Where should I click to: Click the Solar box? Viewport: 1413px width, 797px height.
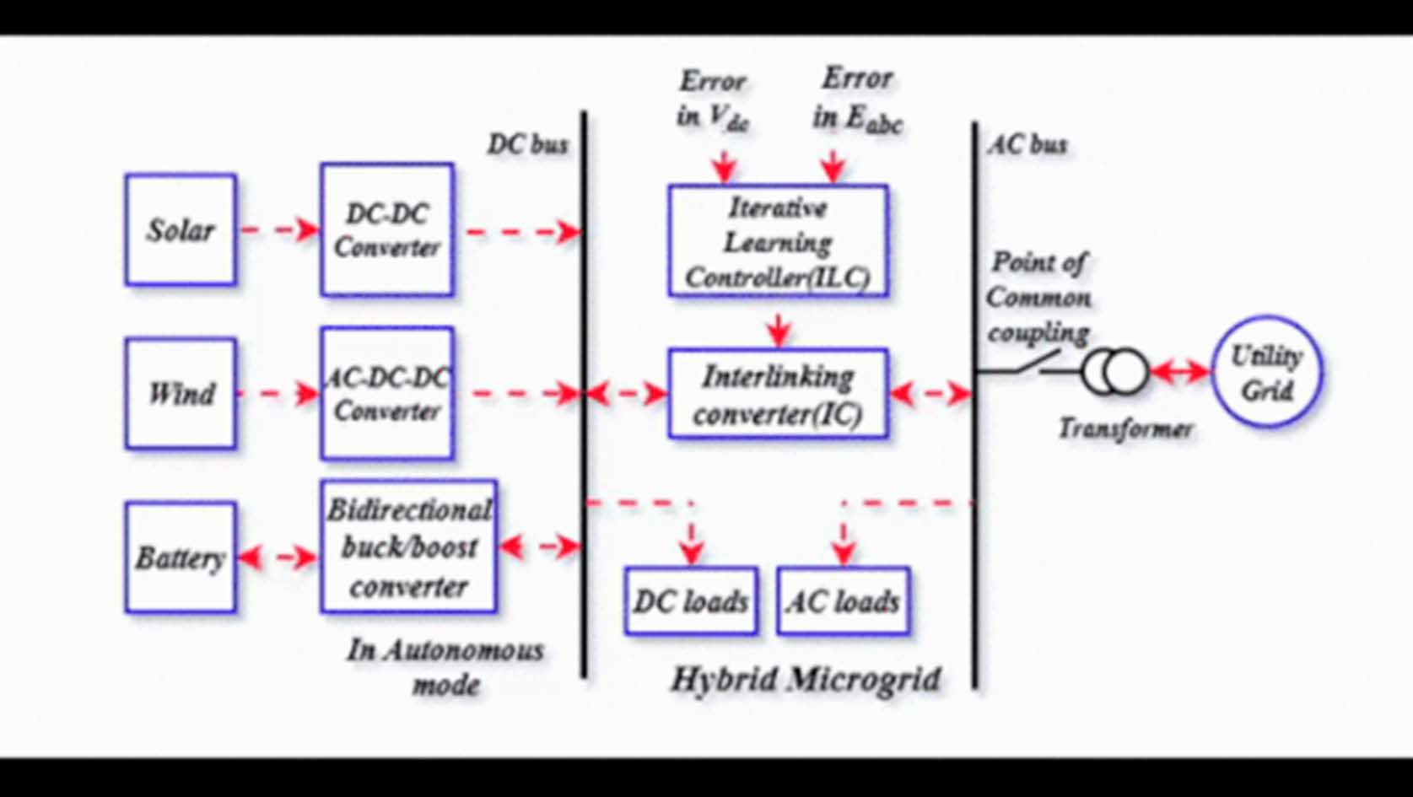click(181, 229)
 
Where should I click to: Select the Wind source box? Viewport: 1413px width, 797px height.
click(181, 393)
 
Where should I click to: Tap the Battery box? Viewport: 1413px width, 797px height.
click(181, 557)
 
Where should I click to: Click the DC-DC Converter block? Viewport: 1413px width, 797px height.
click(386, 229)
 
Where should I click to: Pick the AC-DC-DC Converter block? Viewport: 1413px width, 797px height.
click(386, 393)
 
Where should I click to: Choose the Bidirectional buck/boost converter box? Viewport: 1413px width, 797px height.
click(408, 547)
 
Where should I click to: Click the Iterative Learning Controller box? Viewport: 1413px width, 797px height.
click(778, 241)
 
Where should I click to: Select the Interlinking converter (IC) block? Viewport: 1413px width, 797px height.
click(778, 394)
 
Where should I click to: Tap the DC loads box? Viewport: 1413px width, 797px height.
click(691, 600)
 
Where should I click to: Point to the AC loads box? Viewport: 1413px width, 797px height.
click(843, 600)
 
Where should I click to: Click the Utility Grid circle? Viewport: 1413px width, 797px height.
click(1266, 372)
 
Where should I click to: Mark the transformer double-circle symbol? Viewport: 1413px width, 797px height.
click(1115, 372)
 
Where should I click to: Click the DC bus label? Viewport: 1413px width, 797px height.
click(527, 144)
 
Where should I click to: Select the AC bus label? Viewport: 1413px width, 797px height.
click(1027, 144)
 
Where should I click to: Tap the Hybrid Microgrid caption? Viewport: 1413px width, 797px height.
click(805, 679)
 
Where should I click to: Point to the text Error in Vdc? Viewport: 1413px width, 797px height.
click(713, 99)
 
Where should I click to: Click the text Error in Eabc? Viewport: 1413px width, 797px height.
click(856, 99)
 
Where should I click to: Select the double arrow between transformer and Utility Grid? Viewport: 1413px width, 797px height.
click(1180, 372)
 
